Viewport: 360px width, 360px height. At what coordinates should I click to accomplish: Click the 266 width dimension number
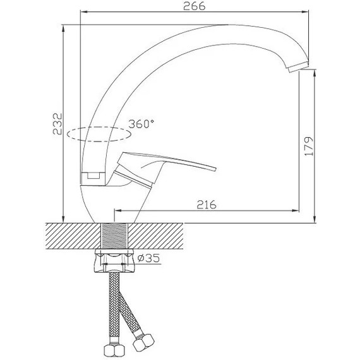click(194, 6)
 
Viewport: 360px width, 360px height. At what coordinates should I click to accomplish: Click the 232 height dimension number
click(57, 124)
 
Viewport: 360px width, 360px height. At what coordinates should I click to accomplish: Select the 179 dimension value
click(309, 147)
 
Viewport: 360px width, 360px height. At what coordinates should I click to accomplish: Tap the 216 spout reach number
click(207, 205)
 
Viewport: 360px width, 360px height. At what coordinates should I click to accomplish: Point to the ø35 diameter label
click(148, 258)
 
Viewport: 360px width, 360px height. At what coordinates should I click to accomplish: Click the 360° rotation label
click(141, 124)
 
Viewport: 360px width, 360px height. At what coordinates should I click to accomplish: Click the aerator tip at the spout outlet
click(297, 67)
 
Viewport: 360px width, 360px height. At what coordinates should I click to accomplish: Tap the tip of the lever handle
click(215, 169)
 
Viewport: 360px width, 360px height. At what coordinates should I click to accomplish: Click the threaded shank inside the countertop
click(114, 236)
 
